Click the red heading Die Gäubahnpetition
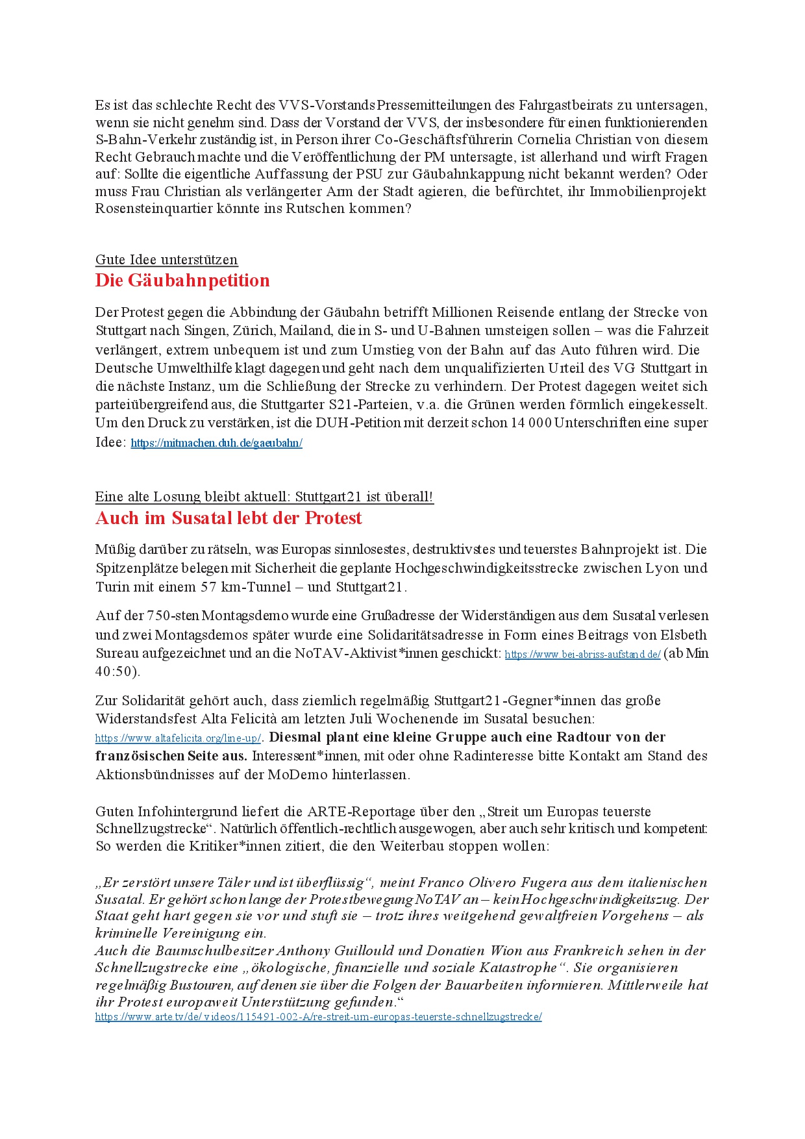tap(182, 281)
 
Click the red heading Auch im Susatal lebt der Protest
tap(229, 518)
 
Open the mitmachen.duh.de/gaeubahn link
tap(216, 444)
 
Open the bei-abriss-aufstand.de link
tap(582, 655)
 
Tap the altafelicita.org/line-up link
tap(178, 738)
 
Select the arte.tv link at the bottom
tap(318, 1017)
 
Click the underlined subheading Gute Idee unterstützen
tap(166, 260)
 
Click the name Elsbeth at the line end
tap(684, 635)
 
